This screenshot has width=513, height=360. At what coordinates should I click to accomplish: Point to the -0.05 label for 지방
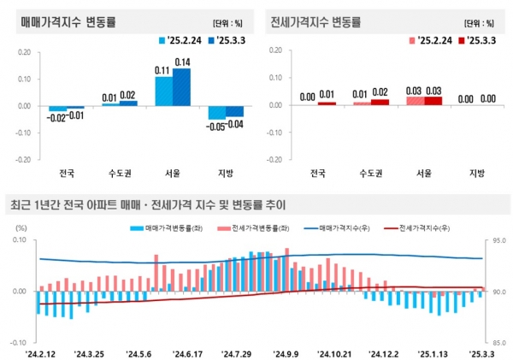215,126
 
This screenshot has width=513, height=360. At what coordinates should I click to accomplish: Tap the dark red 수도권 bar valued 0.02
379,103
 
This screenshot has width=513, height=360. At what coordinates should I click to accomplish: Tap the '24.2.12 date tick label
40,352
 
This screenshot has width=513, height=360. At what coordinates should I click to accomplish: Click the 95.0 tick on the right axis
501,241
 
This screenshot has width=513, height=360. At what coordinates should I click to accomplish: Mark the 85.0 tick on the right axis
501,341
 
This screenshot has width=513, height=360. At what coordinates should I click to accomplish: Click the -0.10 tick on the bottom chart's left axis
20,341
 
